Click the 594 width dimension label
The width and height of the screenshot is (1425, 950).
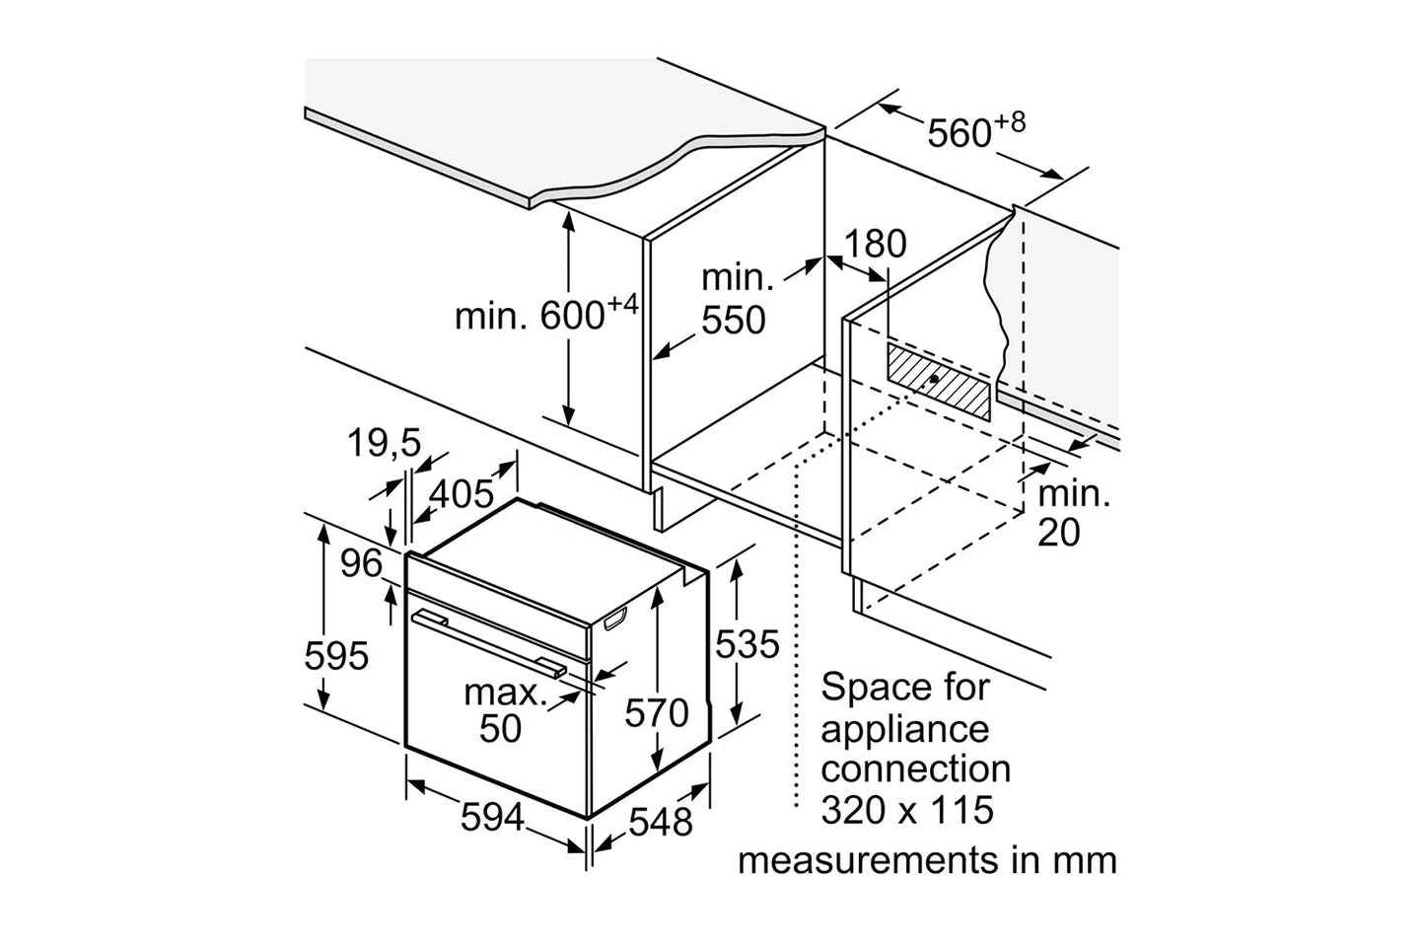pyautogui.click(x=491, y=818)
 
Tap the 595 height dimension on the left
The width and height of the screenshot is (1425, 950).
pyautogui.click(x=335, y=655)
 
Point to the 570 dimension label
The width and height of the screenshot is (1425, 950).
pyautogui.click(x=657, y=711)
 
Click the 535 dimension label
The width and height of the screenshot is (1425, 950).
pyautogui.click(x=747, y=644)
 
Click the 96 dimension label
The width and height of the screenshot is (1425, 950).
pyautogui.click(x=360, y=564)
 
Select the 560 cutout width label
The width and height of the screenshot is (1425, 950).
pyautogui.click(x=962, y=131)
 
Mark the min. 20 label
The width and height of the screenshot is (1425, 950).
pyautogui.click(x=1072, y=513)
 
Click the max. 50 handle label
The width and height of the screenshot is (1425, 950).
pyautogui.click(x=504, y=710)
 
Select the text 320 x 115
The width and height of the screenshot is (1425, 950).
pyautogui.click(x=906, y=810)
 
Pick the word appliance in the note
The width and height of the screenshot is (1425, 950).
pyautogui.click(x=904, y=729)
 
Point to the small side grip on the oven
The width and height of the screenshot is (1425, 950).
pyautogui.click(x=612, y=620)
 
